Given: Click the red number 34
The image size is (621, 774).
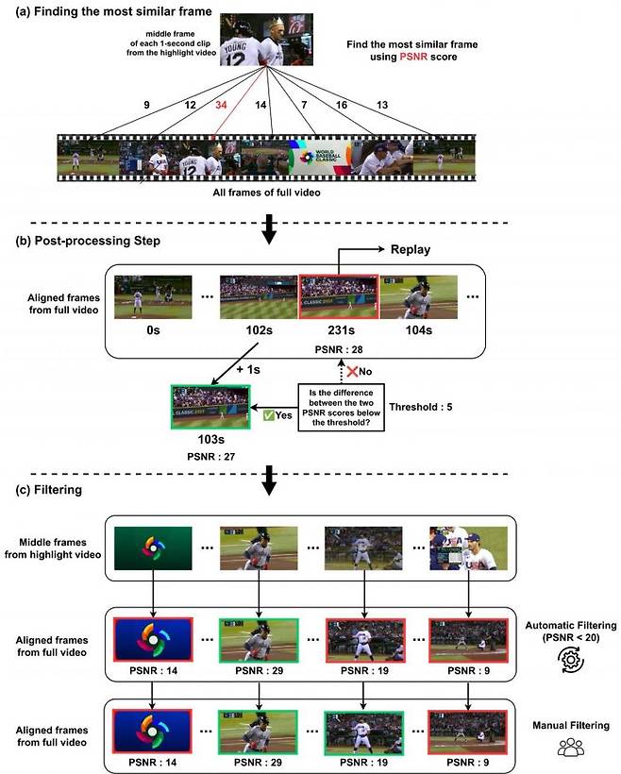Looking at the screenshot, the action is pyautogui.click(x=221, y=105).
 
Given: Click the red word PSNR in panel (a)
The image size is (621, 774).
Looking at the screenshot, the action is pyautogui.click(x=413, y=57).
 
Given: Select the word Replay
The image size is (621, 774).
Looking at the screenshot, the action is pyautogui.click(x=411, y=250).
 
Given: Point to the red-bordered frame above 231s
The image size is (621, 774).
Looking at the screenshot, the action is pyautogui.click(x=339, y=296).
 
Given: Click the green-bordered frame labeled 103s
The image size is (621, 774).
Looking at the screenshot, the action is pyautogui.click(x=210, y=407).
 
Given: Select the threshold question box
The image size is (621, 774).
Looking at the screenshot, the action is pyautogui.click(x=341, y=408).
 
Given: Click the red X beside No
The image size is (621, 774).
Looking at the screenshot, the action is pyautogui.click(x=352, y=371).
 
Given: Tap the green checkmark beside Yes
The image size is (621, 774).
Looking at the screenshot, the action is pyautogui.click(x=268, y=415).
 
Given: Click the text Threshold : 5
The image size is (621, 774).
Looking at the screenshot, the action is pyautogui.click(x=421, y=407).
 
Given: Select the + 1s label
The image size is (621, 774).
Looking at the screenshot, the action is pyautogui.click(x=248, y=370).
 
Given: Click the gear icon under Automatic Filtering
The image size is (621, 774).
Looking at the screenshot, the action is pyautogui.click(x=571, y=660).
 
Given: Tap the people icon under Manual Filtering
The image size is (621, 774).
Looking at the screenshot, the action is pyautogui.click(x=571, y=747).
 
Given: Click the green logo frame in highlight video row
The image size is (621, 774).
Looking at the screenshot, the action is pyautogui.click(x=153, y=548).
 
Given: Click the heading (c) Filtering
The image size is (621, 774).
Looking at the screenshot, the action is pyautogui.click(x=48, y=490).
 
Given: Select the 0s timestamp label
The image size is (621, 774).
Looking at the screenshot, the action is pyautogui.click(x=153, y=330).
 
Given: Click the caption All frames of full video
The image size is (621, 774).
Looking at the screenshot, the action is pyautogui.click(x=266, y=193).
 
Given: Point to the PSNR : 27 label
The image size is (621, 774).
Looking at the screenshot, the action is pyautogui.click(x=210, y=457).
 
